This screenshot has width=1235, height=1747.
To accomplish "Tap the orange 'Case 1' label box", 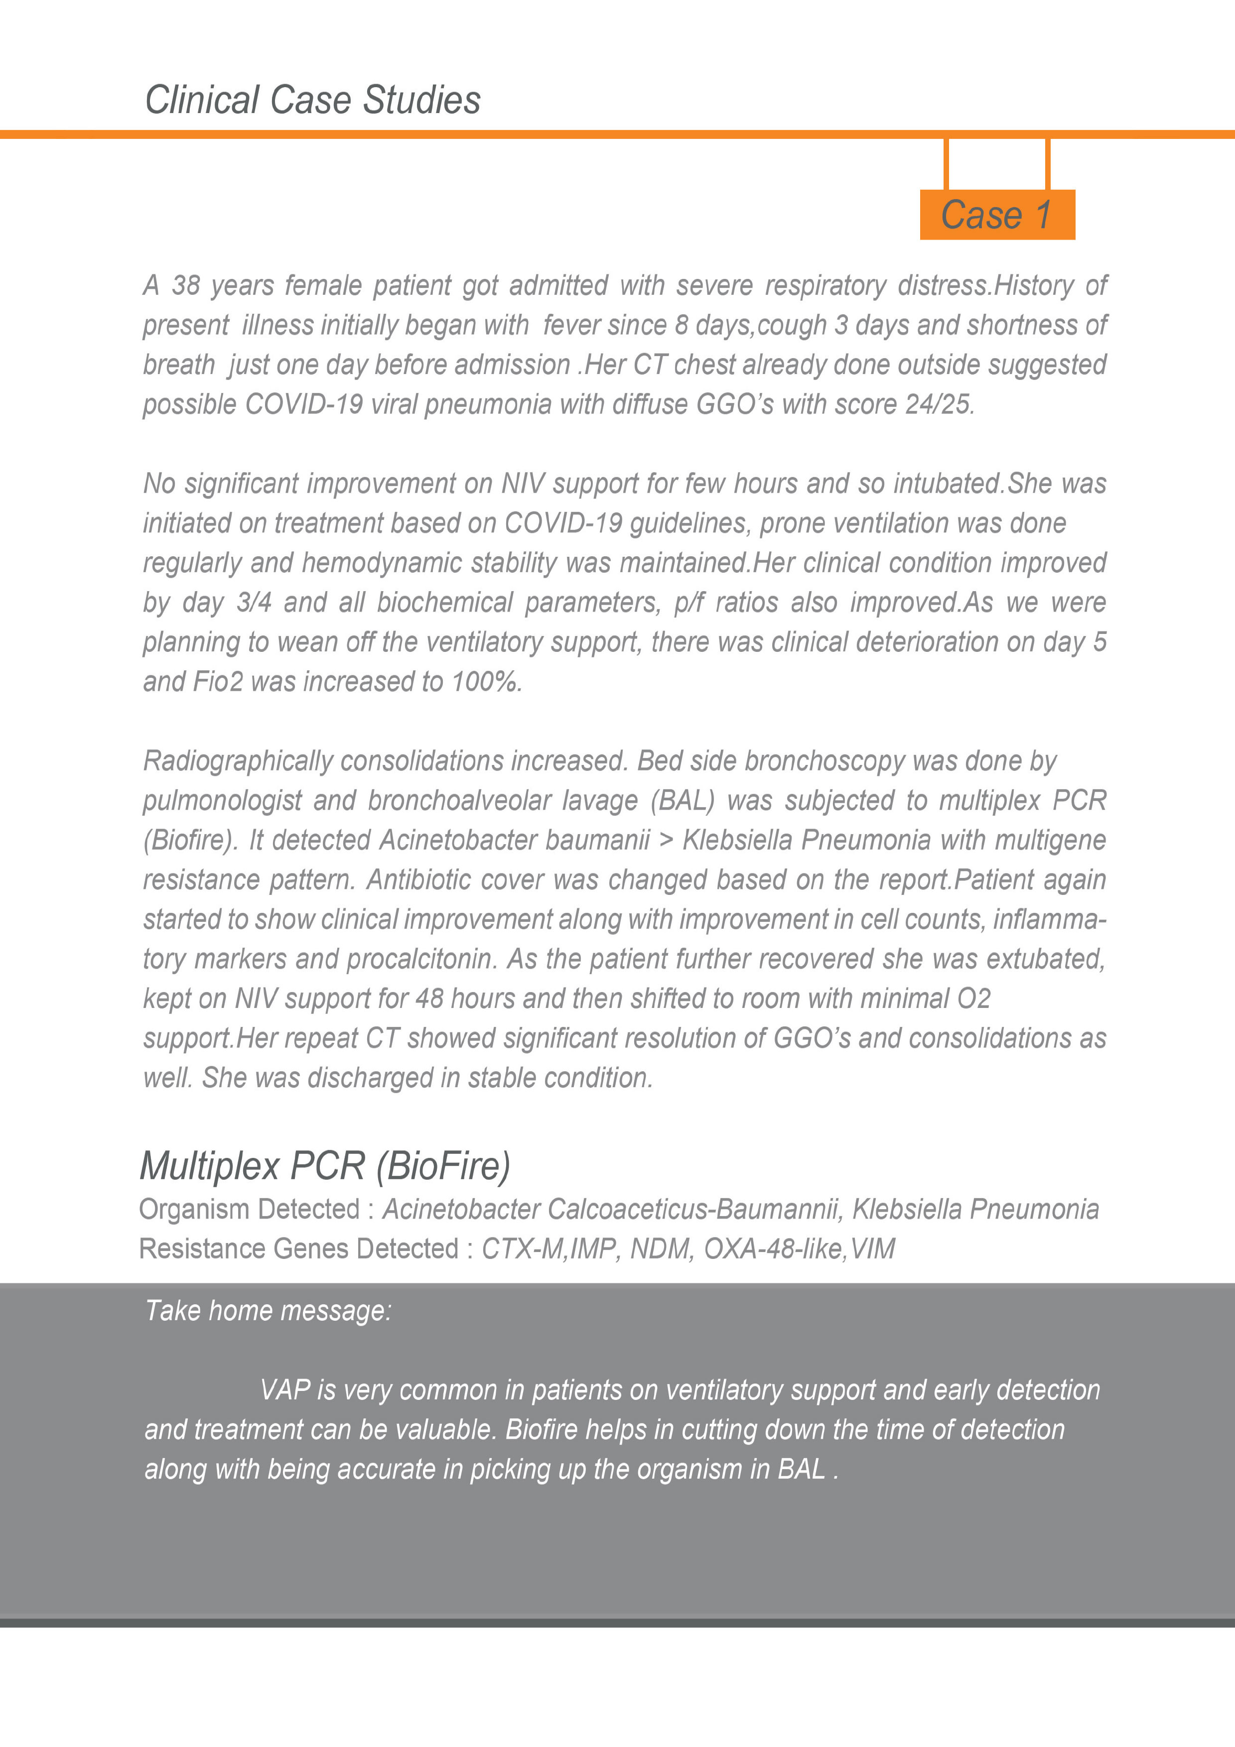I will coord(997,215).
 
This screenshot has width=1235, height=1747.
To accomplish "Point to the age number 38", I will coord(186,285).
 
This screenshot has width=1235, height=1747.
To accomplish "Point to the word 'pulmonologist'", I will coord(221,800).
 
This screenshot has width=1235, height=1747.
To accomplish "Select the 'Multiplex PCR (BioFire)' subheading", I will coord(325,1166).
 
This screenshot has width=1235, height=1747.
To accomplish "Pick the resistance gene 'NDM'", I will coord(661,1248).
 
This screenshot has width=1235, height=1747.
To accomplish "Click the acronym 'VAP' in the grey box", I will coord(284,1390).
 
